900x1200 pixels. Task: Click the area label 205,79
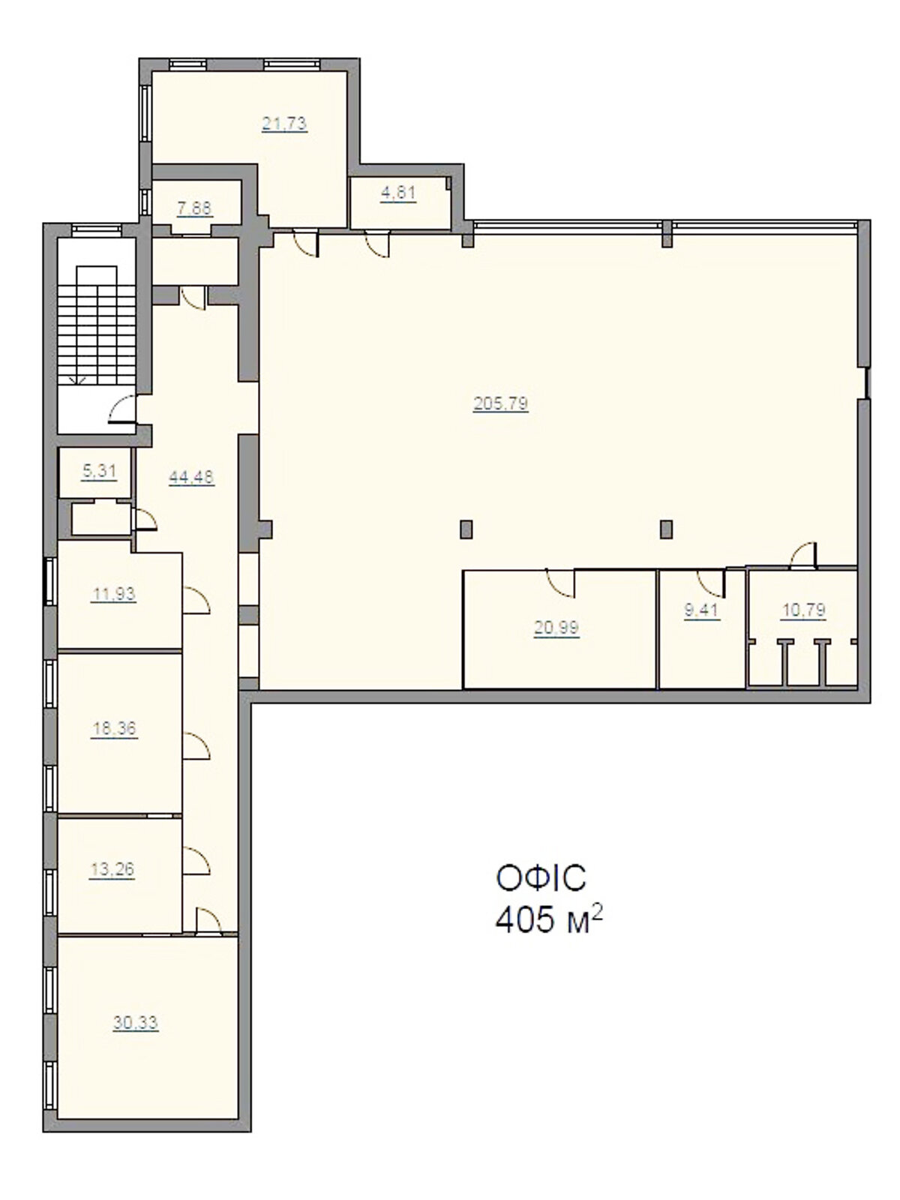tap(500, 404)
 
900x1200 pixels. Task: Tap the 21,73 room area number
tap(284, 124)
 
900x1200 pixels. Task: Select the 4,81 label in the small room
tap(398, 193)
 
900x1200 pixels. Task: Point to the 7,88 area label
tap(194, 208)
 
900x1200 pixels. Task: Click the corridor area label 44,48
tap(191, 477)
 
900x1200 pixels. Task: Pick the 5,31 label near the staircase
tap(99, 471)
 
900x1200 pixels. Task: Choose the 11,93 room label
tap(114, 594)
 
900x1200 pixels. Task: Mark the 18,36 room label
tap(114, 729)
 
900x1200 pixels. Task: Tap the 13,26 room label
tap(112, 868)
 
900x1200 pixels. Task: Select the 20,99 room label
tap(556, 628)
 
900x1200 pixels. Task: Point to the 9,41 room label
tap(702, 610)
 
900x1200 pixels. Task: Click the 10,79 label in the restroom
tap(803, 610)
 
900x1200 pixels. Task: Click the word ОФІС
tap(541, 878)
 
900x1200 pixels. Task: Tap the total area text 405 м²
tap(549, 921)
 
